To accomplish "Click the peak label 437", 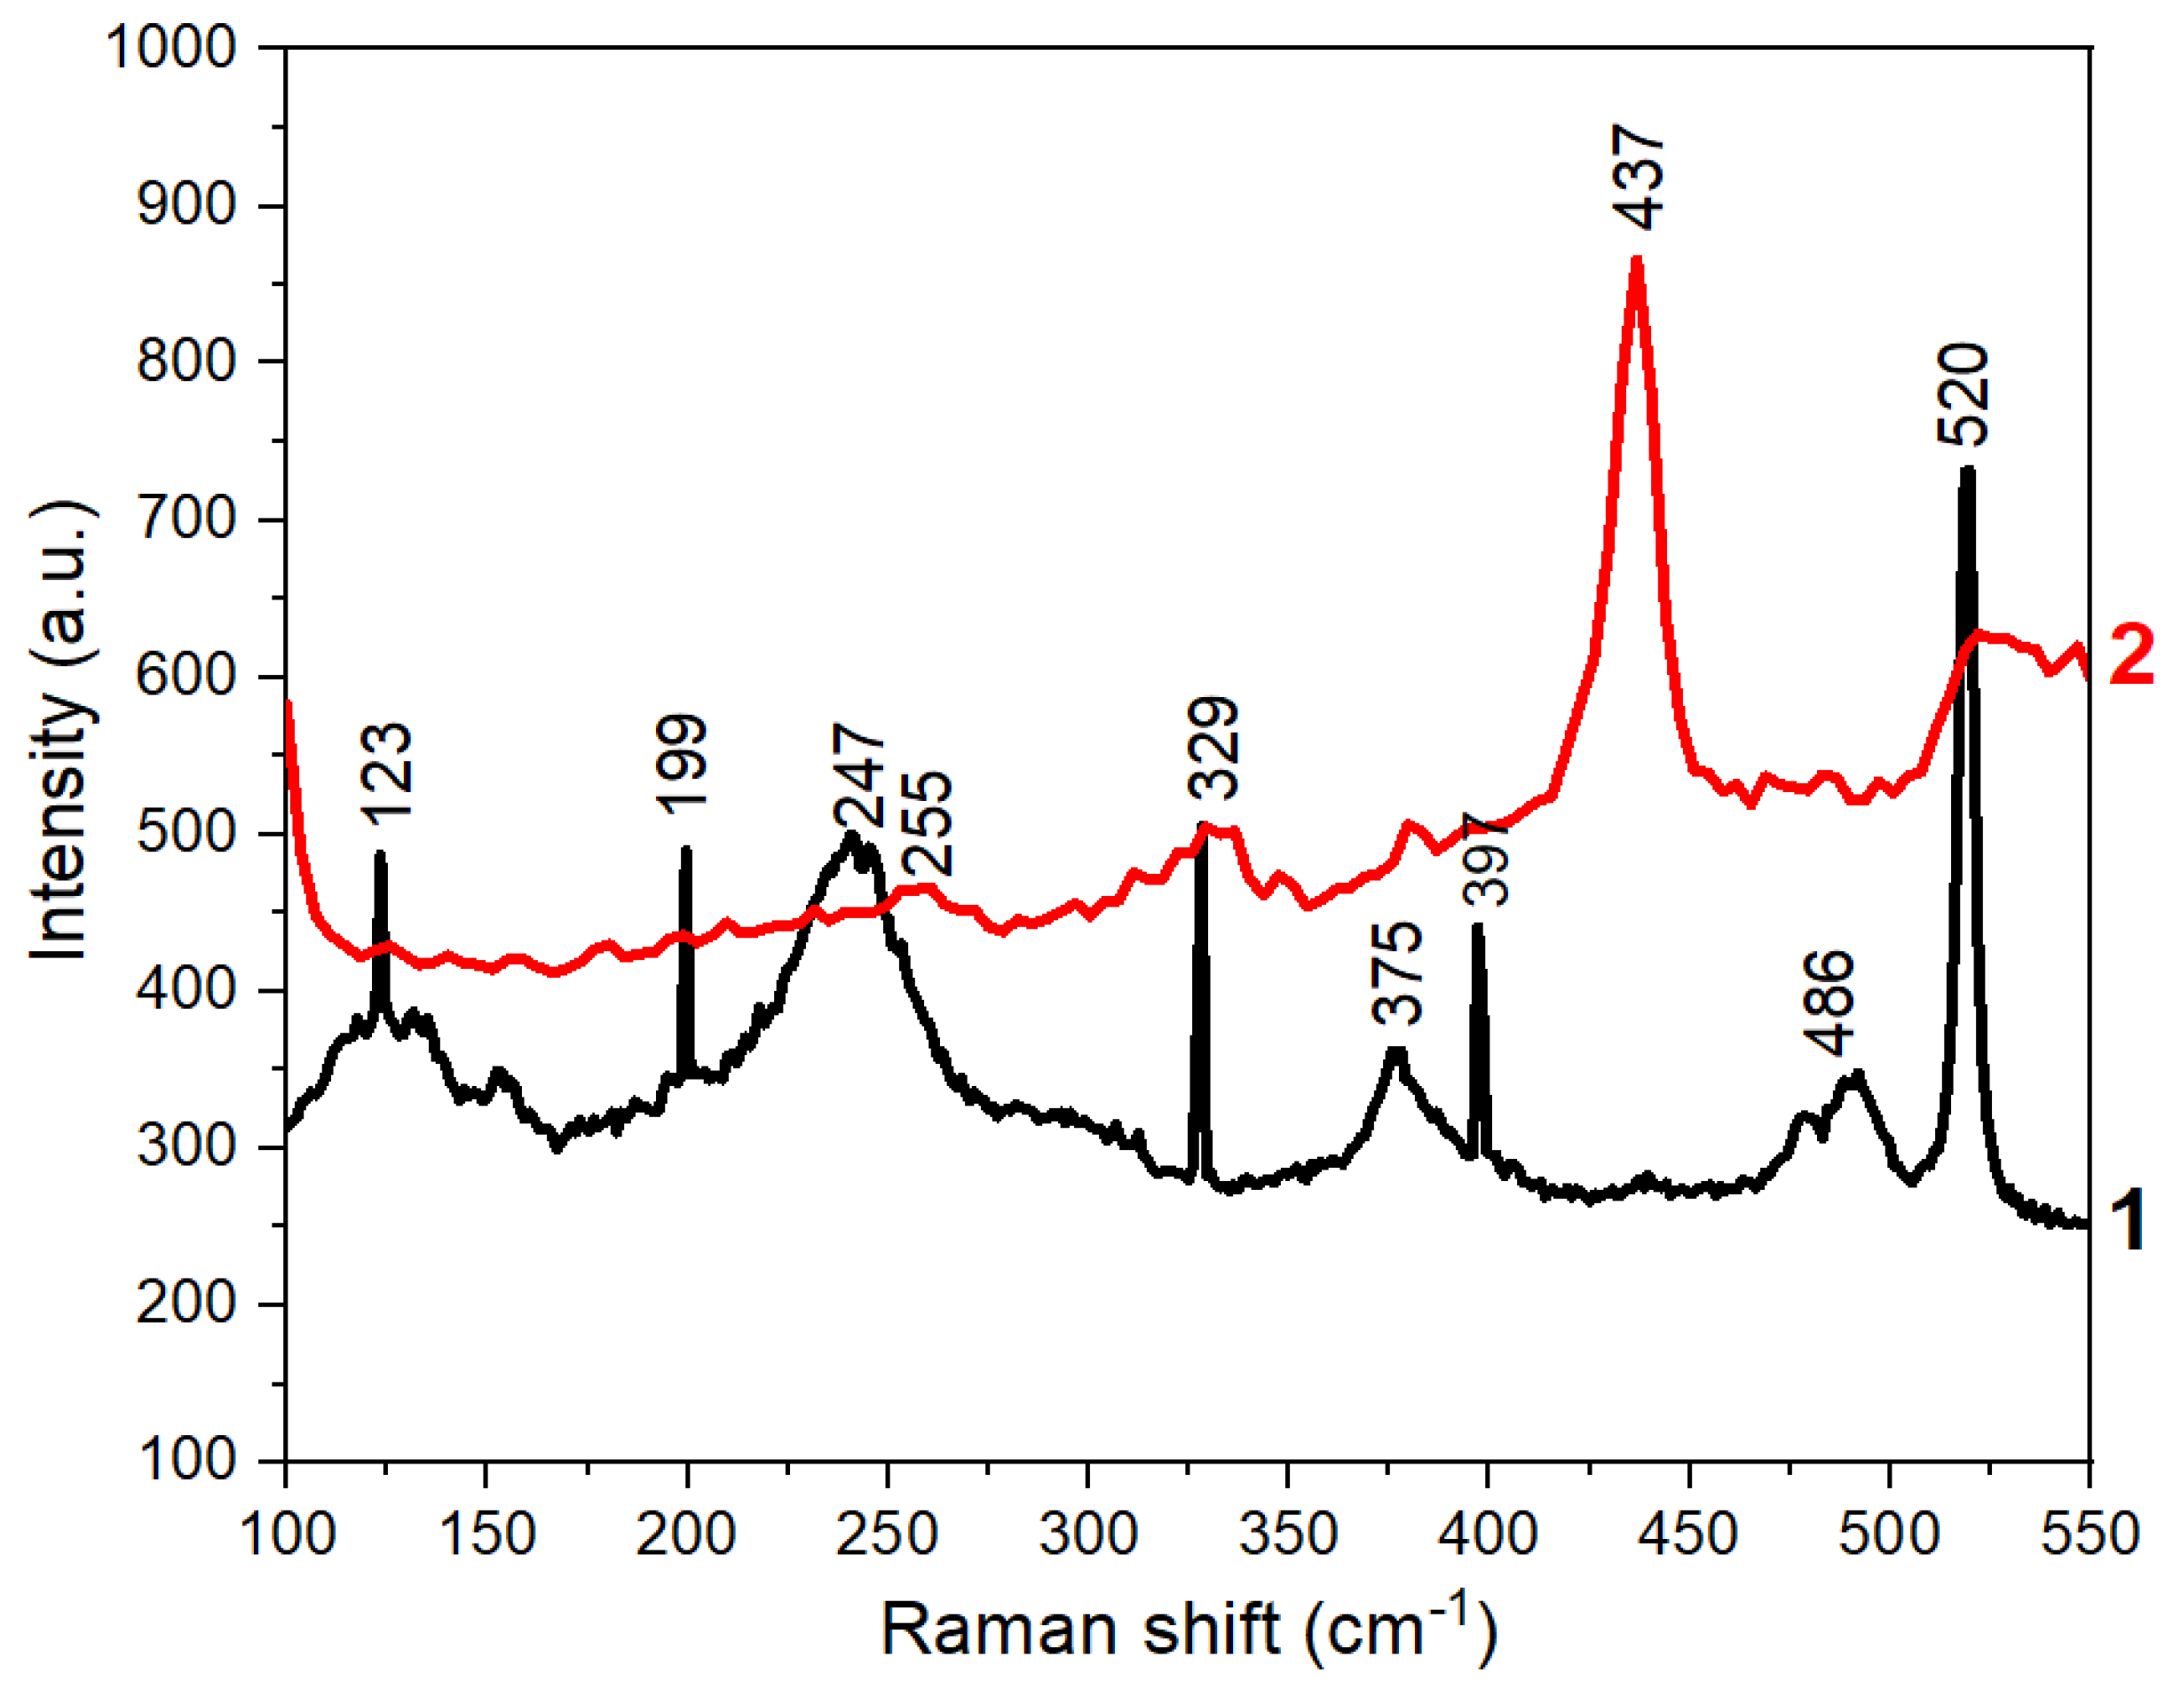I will pyautogui.click(x=1638, y=178).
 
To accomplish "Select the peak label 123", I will pyautogui.click(x=386, y=773).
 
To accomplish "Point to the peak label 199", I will pyautogui.click(x=682, y=765).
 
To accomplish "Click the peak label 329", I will pyautogui.click(x=1213, y=749).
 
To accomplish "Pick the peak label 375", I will pyautogui.click(x=1397, y=973).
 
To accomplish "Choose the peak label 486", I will pyautogui.click(x=1829, y=1003).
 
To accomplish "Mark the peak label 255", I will pyautogui.click(x=928, y=824).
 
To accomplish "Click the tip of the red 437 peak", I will pyautogui.click(x=1637, y=261).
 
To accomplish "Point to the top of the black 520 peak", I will pyautogui.click(x=1967, y=469).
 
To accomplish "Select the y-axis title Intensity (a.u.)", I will pyautogui.click(x=59, y=732).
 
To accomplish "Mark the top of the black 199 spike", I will pyautogui.click(x=685, y=849).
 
